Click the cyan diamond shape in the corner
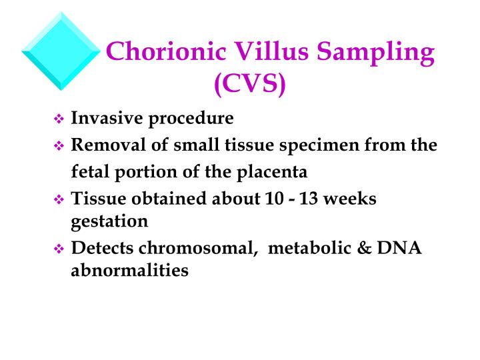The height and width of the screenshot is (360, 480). pos(61,51)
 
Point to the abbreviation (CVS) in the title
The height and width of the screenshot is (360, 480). pos(249,83)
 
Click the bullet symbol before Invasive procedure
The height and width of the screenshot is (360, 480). pos(57,120)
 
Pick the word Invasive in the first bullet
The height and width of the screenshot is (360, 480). pos(107,119)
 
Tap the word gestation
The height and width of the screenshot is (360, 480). pos(109,221)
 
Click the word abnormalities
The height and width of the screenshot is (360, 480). pos(129,271)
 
